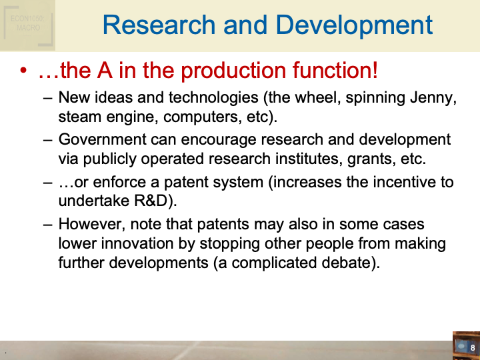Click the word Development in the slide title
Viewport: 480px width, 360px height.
pyautogui.click(x=354, y=25)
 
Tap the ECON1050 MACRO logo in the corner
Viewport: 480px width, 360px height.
pyautogui.click(x=27, y=24)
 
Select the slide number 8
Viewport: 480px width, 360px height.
pyautogui.click(x=473, y=348)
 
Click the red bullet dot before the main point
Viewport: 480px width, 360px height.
pyautogui.click(x=25, y=71)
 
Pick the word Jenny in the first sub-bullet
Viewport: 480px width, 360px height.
pyautogui.click(x=432, y=98)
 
